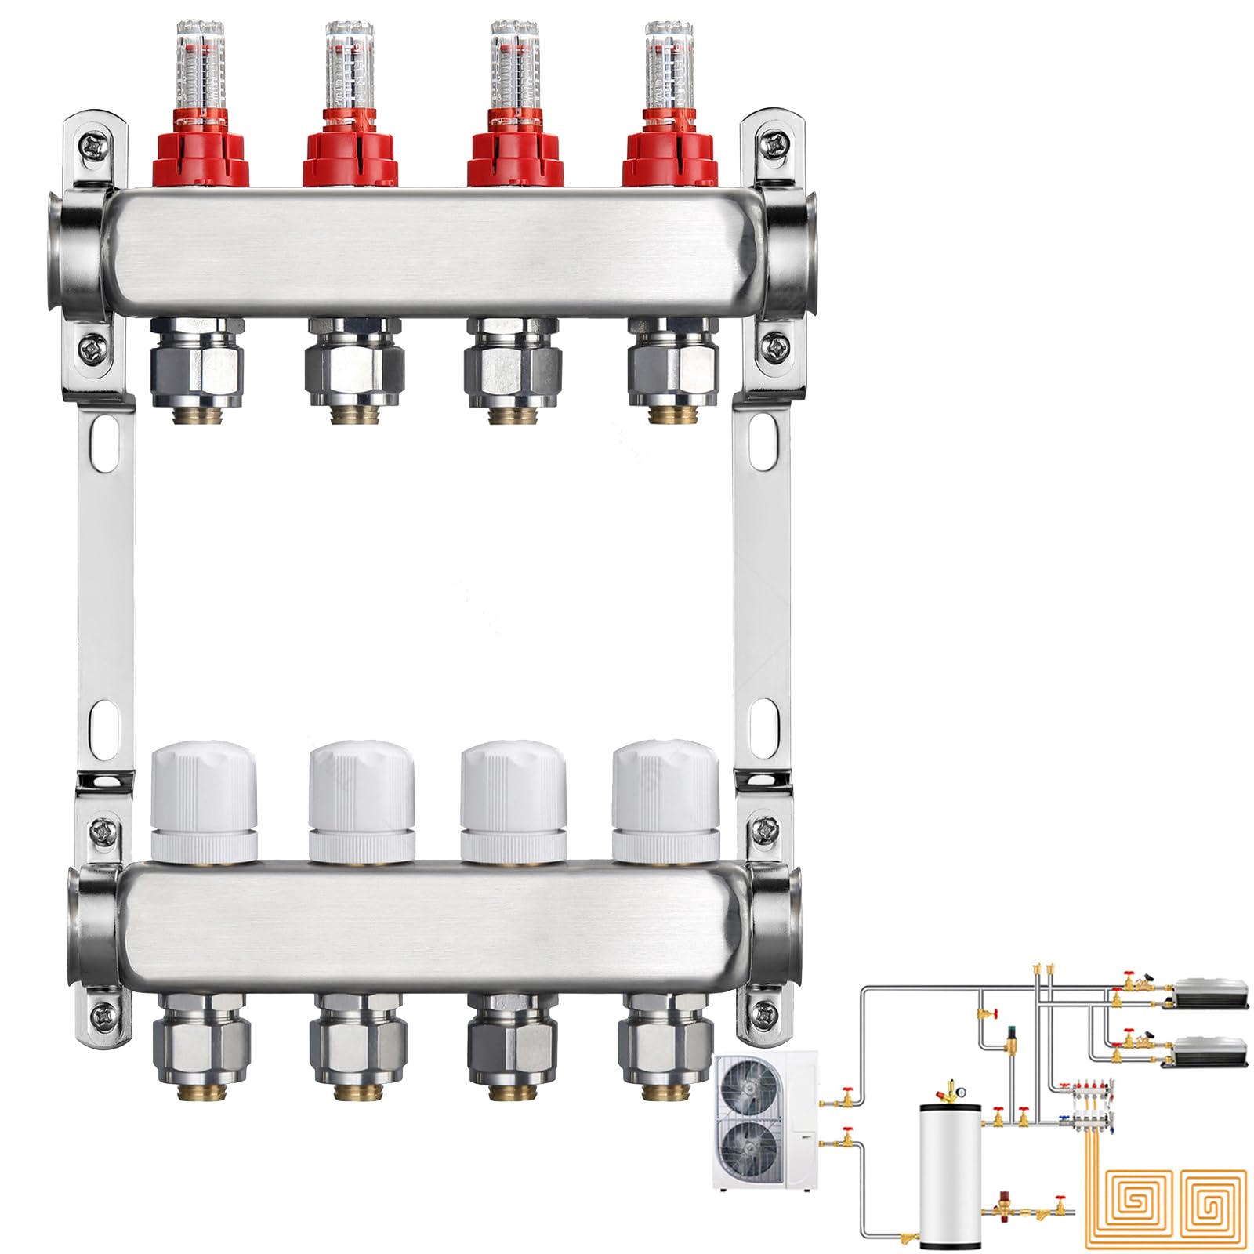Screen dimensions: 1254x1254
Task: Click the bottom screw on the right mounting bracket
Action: click(761, 1013)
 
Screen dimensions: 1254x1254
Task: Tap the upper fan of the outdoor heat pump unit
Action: click(750, 1090)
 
